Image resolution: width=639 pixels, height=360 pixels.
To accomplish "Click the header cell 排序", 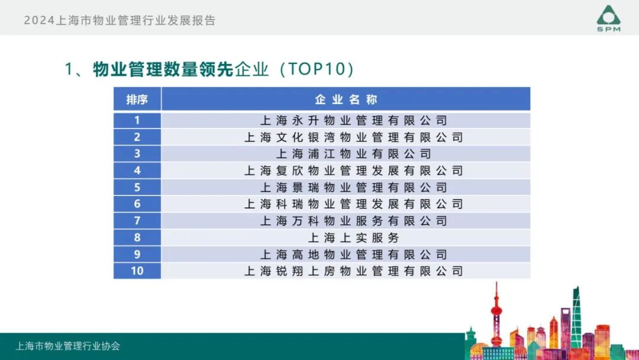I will point(137,99).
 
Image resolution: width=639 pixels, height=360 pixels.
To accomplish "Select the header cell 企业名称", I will point(346,99).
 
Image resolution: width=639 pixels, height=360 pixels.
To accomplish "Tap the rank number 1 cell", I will point(137,120).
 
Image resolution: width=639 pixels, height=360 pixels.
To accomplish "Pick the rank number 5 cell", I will point(137,188).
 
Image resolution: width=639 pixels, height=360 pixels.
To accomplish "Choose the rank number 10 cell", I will point(137,271).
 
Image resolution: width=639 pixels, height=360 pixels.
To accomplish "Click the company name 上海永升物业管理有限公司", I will point(354,121).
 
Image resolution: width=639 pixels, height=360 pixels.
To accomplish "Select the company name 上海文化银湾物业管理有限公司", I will point(354,137).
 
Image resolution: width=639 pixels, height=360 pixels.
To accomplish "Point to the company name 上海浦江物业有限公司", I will point(354,154).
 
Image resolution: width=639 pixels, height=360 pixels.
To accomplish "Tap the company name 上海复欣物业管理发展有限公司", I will point(354,171).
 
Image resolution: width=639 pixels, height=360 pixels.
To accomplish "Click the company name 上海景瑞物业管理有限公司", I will point(354,188).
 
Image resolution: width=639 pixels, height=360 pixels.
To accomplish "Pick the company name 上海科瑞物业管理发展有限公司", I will point(354,204).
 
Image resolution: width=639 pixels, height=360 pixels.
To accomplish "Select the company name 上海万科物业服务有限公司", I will point(354,221).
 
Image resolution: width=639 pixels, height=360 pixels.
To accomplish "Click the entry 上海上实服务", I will point(354,238).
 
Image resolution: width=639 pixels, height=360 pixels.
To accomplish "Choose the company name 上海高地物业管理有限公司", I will point(354,255).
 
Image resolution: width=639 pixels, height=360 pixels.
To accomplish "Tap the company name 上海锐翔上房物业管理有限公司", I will point(354,271).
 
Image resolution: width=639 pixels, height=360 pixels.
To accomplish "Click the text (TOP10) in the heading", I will point(317,69).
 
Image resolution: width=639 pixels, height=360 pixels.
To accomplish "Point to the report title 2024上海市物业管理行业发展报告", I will point(120,20).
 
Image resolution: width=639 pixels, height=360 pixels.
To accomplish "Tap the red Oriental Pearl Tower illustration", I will point(496,320).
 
